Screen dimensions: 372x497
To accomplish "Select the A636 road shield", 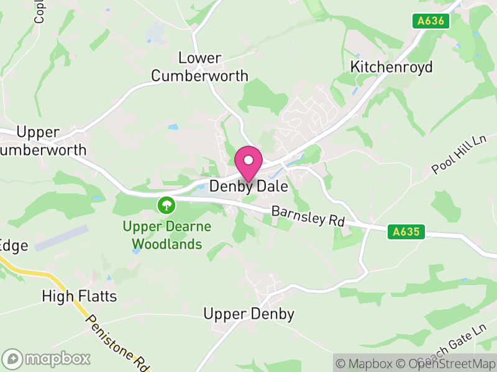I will point(431,21).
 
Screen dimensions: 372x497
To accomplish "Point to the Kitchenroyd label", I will point(391,67).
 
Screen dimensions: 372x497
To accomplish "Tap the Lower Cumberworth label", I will point(199,67).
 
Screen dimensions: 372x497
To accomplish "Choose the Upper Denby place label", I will point(248,314).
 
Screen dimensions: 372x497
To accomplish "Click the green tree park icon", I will point(166,204).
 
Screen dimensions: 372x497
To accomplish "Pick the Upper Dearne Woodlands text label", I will point(166,236).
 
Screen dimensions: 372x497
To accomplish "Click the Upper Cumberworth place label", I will point(40,141).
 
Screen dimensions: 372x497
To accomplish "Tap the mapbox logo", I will point(47,358).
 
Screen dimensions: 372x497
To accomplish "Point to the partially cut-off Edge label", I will point(14,246).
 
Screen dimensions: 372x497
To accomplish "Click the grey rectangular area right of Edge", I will point(62,239).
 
